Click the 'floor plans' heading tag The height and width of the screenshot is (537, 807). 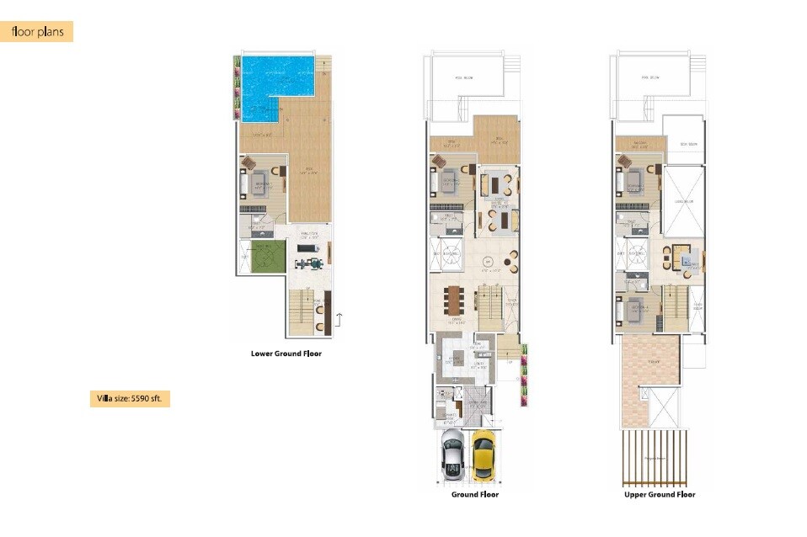click(37, 32)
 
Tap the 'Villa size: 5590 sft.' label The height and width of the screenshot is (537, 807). click(130, 399)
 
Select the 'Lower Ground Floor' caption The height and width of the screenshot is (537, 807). click(286, 354)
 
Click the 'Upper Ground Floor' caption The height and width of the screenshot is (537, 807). click(660, 495)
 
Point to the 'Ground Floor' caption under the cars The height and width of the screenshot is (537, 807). click(475, 495)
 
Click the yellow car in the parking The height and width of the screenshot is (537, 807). click(483, 455)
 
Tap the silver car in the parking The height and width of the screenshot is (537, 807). click(452, 455)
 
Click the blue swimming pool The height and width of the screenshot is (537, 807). click(270, 84)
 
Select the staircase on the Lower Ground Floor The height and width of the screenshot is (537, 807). click(299, 311)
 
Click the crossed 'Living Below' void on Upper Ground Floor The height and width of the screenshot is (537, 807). click(683, 201)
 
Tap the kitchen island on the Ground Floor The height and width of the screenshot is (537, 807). click(456, 359)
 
